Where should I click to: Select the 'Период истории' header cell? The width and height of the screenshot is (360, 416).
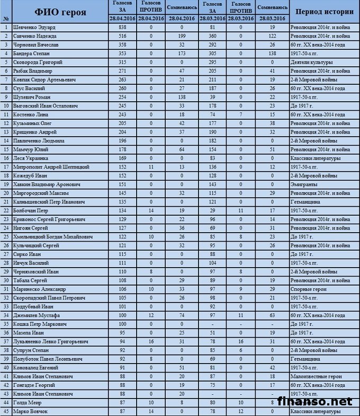coord(324,11)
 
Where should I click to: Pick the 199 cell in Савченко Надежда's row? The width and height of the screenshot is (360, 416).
coord(182,36)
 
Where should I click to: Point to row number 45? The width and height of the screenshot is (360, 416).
coord(5,411)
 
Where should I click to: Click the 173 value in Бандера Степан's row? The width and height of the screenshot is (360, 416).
coord(182,54)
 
